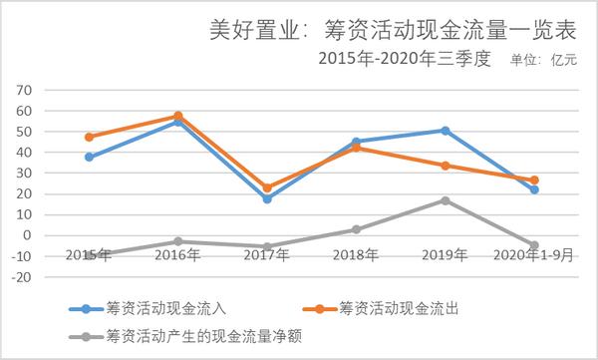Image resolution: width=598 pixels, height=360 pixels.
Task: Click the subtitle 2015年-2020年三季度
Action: pyautogui.click(x=406, y=59)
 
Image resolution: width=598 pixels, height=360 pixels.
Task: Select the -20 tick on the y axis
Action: pyautogui.click(x=22, y=277)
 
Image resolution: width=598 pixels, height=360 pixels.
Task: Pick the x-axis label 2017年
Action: pyautogui.click(x=267, y=255)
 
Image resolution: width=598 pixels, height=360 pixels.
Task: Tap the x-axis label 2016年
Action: pyautogui.click(x=177, y=255)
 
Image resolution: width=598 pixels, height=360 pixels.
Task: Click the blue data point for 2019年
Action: pyautogui.click(x=446, y=131)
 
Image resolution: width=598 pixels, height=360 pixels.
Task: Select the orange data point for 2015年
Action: pyautogui.click(x=89, y=137)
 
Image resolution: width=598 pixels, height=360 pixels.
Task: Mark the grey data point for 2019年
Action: pyautogui.click(x=446, y=200)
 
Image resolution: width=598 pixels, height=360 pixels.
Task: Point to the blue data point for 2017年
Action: pyautogui.click(x=267, y=199)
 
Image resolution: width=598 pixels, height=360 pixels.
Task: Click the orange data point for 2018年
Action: pyautogui.click(x=357, y=148)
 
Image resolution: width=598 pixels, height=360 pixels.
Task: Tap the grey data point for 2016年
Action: pyautogui.click(x=177, y=241)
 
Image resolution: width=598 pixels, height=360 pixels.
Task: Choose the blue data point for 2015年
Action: pyautogui.click(x=89, y=157)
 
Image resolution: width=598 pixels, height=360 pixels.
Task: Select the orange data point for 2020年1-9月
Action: pyautogui.click(x=534, y=180)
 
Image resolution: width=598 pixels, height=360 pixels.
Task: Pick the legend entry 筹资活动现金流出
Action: pyautogui.click(x=394, y=308)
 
